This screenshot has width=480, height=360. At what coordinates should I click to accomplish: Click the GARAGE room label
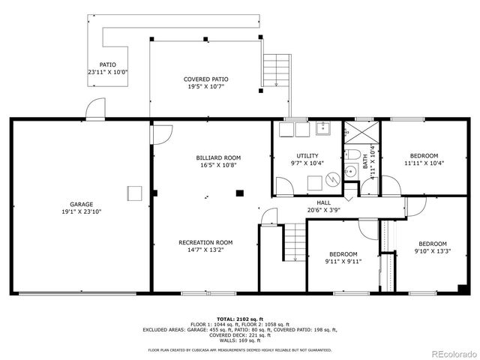point(82,205)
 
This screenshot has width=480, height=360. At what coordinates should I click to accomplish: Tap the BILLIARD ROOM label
point(218,157)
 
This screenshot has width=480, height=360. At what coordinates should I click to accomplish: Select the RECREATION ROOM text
point(205,242)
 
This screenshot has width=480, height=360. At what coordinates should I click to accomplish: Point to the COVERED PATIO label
point(206,79)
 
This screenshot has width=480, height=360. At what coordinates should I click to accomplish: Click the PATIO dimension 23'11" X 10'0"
point(108,73)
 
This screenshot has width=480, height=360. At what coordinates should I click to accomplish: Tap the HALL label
point(323,202)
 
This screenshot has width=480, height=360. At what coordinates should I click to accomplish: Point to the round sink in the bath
point(350,172)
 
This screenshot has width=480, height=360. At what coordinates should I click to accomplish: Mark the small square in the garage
point(134,193)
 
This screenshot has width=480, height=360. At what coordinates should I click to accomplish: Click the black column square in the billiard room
point(239,193)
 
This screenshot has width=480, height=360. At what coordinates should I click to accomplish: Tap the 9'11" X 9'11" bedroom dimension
point(343,261)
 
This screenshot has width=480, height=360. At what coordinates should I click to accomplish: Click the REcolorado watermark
point(448,353)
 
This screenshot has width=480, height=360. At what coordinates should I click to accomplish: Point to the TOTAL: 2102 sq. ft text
point(239,319)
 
